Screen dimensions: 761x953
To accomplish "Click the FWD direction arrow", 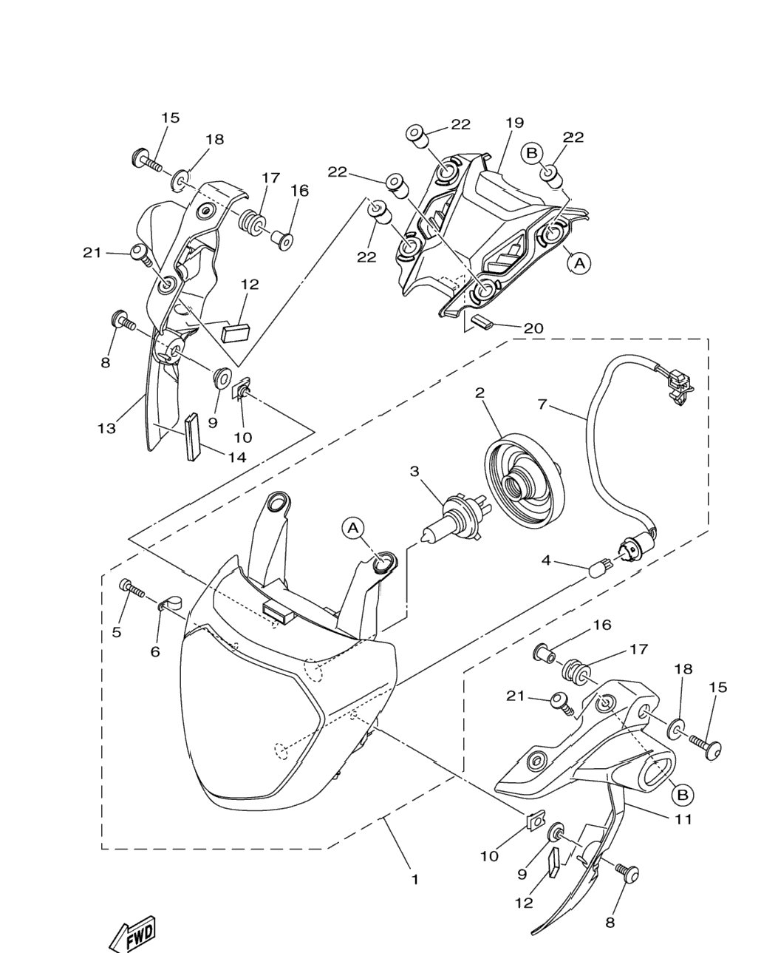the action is pos(133,932).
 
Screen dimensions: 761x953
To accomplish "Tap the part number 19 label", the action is pos(514,123).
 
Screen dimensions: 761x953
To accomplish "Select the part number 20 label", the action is pos(533,328).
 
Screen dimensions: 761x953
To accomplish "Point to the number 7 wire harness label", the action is pos(543,404).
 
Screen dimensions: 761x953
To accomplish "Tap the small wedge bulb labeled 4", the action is pos(600,566).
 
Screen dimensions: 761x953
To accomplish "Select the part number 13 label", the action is pos(106,428).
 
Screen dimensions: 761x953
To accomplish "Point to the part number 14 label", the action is pos(237,457).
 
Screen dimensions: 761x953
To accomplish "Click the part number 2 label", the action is pos(480,393).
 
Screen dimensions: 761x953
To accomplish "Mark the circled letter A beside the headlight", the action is pos(353,529).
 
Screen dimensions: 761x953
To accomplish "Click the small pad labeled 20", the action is pos(482,321).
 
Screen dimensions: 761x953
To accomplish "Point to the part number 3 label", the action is pos(414,471).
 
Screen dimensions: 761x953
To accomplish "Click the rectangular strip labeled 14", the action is pos(193,437).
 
